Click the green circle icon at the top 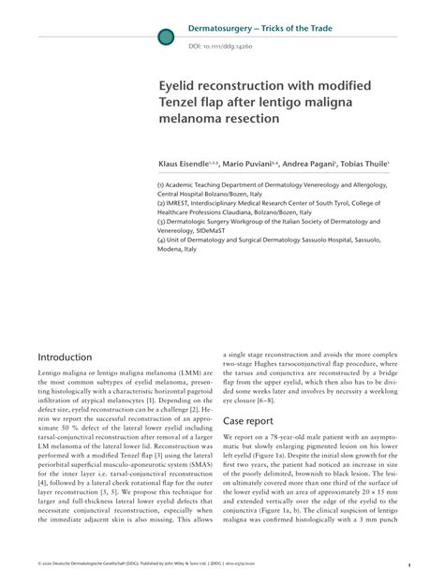click(x=166, y=36)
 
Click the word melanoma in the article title click(x=195, y=120)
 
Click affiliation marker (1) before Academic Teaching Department click(x=162, y=185)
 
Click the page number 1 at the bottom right click(x=408, y=566)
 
